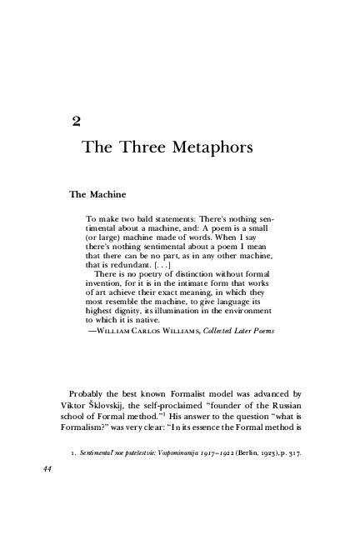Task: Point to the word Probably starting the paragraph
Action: [x=91, y=392]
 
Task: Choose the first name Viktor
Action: [x=82, y=406]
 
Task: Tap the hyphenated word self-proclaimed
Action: [x=193, y=406]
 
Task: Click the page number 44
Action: [x=47, y=468]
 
